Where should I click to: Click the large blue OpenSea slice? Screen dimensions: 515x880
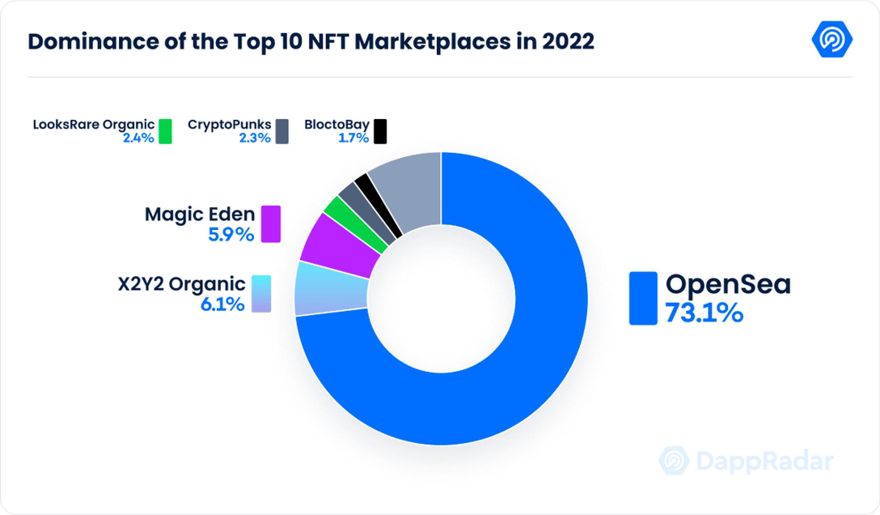pos(526,364)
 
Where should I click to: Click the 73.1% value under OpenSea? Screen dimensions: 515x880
pos(704,313)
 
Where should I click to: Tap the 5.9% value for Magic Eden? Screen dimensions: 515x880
pos(231,234)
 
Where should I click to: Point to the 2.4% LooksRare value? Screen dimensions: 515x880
pos(138,138)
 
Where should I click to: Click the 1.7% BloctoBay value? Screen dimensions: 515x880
pos(353,138)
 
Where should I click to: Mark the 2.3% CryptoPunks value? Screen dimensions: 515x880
pos(254,138)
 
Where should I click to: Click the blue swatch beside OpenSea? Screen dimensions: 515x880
pos(643,298)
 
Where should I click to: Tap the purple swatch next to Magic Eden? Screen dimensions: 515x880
pos(271,224)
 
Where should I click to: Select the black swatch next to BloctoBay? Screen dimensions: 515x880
pos(380,132)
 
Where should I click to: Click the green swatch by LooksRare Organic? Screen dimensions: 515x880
pos(165,132)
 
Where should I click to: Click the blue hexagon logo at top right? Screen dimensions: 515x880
pos(832,40)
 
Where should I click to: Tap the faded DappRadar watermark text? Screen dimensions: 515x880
pos(765,461)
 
